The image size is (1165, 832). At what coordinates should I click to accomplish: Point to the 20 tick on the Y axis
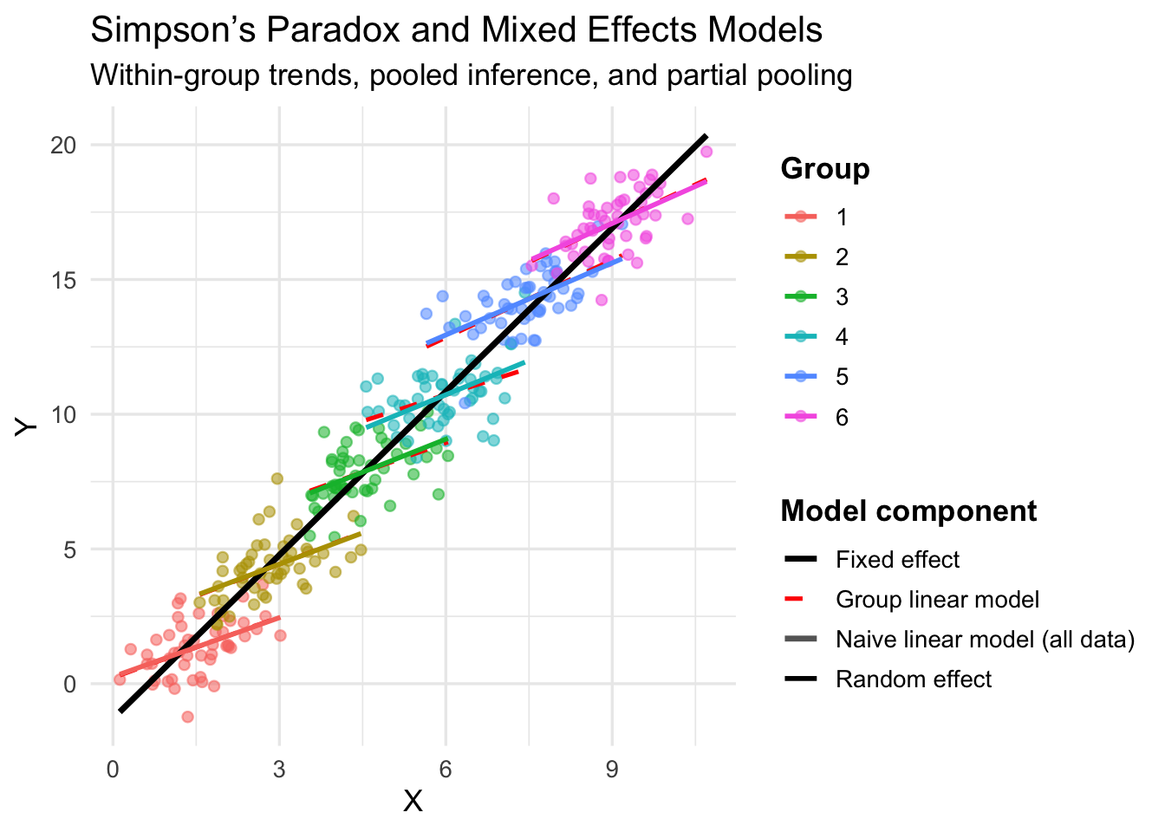[x=63, y=145]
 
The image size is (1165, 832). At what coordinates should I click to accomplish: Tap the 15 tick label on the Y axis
[x=63, y=280]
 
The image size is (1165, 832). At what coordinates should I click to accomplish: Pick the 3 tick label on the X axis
[x=279, y=770]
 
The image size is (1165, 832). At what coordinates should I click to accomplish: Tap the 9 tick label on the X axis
[x=612, y=770]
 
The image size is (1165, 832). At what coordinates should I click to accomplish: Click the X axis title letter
[x=413, y=802]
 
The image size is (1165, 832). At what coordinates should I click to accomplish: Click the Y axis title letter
[x=26, y=426]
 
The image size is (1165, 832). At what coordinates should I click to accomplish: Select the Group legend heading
[x=824, y=168]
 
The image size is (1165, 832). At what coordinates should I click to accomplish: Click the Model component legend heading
[x=908, y=511]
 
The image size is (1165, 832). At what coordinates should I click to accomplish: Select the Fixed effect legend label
[x=897, y=560]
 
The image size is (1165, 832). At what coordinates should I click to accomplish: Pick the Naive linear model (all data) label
[x=985, y=640]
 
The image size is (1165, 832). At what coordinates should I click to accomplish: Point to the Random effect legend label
[x=914, y=679]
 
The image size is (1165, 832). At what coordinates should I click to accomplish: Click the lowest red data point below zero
[x=187, y=717]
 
